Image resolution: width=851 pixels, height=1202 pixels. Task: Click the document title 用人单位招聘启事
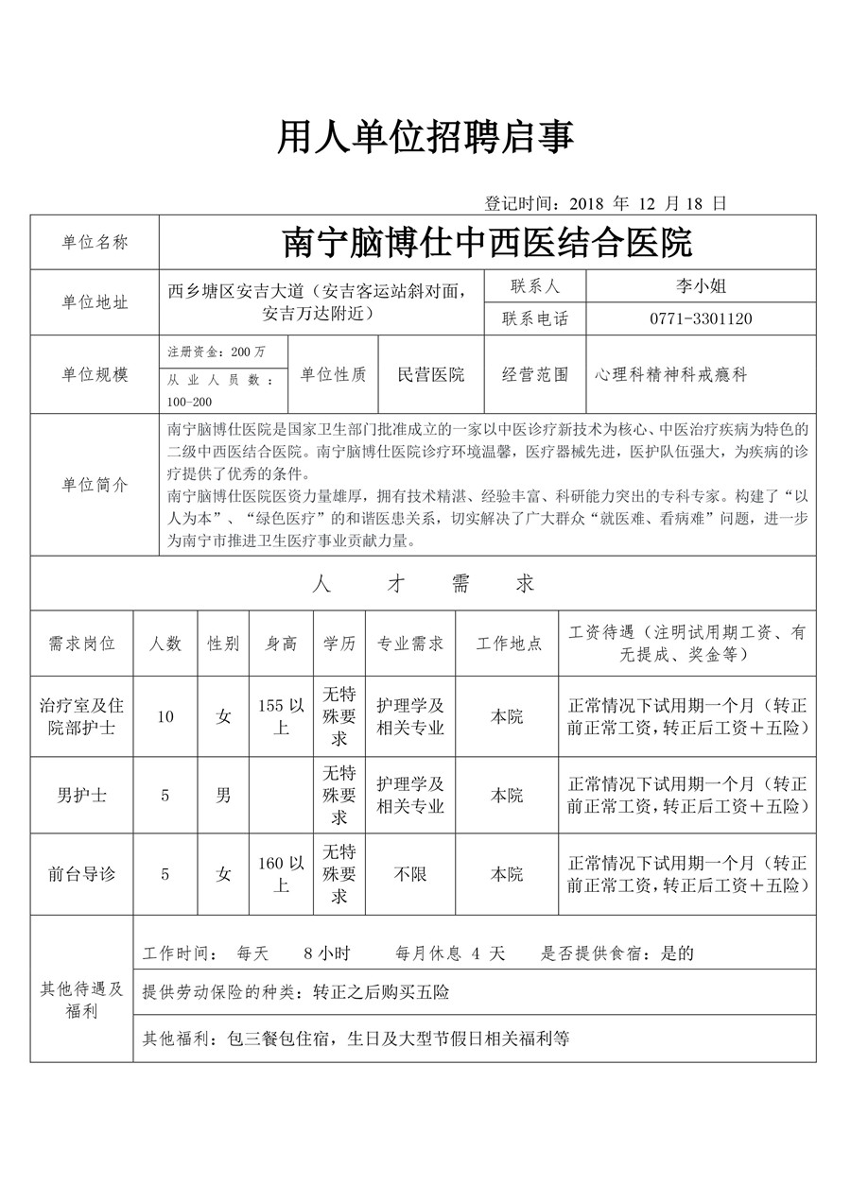point(425,139)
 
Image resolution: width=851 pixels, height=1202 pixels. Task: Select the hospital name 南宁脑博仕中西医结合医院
point(488,243)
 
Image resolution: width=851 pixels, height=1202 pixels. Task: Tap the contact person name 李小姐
point(701,285)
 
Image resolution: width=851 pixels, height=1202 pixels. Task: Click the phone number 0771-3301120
point(701,318)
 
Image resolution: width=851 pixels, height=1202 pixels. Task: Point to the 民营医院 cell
point(431,374)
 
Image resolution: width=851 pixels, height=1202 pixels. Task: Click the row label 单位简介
point(95,484)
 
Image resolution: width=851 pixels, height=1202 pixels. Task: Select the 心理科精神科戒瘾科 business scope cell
point(671,374)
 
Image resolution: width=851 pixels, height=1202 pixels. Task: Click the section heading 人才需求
point(424,584)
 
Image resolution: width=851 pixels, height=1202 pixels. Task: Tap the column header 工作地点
point(508,644)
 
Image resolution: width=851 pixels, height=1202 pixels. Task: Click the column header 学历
point(339,644)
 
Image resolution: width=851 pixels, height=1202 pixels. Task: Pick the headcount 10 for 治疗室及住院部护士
point(165,716)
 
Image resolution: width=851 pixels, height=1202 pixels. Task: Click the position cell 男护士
point(81,795)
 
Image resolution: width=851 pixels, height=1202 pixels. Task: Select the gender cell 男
point(223,795)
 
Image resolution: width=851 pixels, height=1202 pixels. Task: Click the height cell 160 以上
point(282,874)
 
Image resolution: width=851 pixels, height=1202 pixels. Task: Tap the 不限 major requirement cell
point(410,874)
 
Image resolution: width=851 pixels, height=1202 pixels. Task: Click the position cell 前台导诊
point(81,874)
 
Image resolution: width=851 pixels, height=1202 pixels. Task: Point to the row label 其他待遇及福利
point(81,1000)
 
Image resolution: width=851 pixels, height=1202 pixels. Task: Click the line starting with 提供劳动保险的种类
point(296,992)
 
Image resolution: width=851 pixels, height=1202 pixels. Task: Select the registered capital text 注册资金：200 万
point(217,352)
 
